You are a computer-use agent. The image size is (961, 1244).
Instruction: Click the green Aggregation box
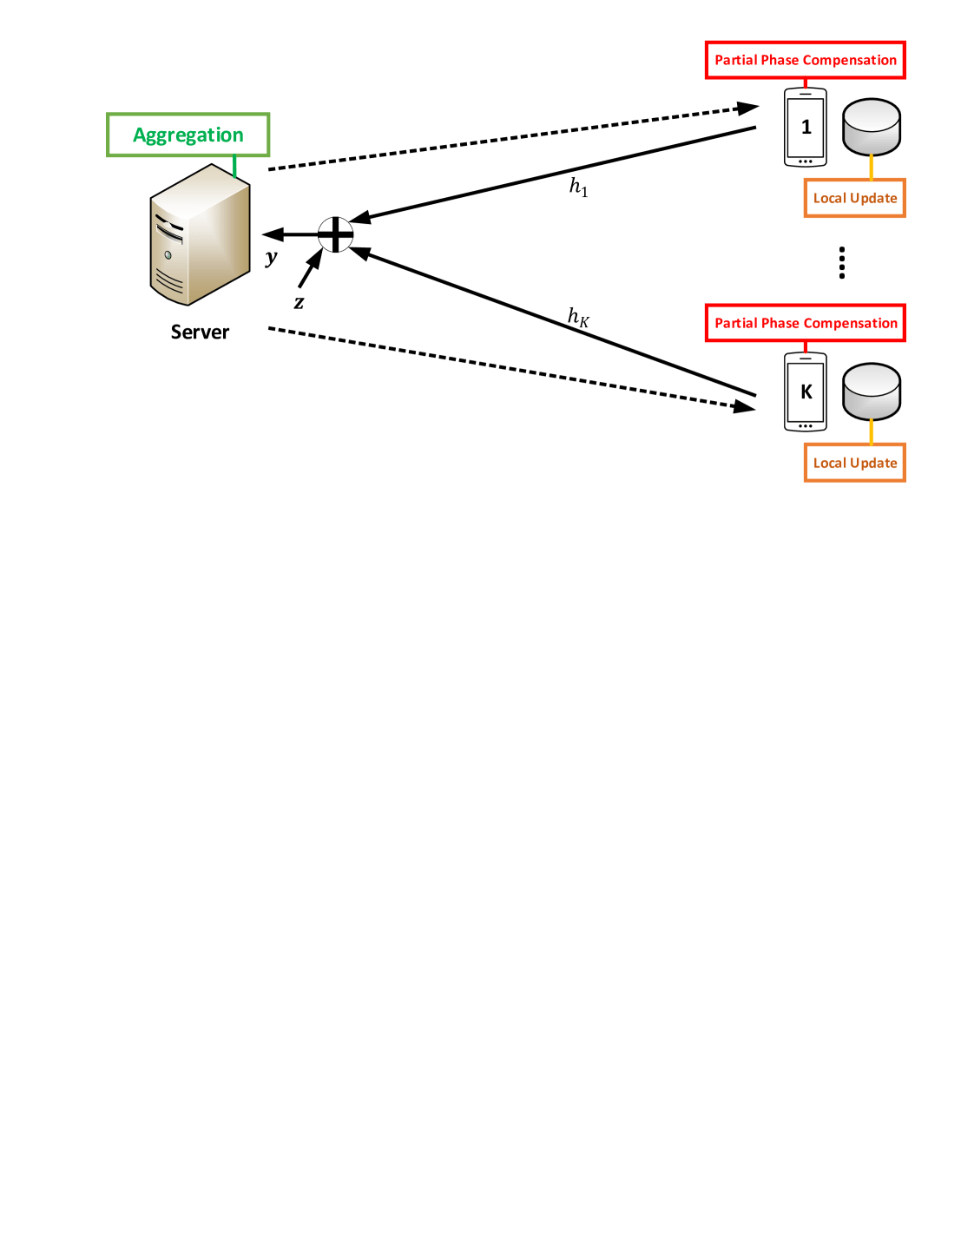tap(188, 135)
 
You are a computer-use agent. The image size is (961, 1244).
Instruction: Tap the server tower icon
tap(200, 234)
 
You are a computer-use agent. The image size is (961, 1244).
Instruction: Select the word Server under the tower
tap(200, 332)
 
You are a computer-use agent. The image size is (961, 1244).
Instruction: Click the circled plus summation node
tap(335, 234)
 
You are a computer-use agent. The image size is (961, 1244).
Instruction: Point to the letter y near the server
tap(272, 257)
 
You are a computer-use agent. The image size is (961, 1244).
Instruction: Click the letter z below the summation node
tap(299, 303)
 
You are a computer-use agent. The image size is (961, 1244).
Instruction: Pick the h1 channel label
tap(578, 187)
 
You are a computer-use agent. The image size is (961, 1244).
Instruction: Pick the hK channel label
tap(578, 317)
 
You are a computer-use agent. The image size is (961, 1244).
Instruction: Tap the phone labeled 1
tap(806, 128)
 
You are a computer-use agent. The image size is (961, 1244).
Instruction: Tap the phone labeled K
tap(806, 392)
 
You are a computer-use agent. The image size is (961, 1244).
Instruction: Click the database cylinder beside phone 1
tap(872, 127)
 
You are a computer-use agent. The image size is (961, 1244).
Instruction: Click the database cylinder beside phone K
tap(872, 392)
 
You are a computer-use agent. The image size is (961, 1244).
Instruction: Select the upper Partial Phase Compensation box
tap(805, 60)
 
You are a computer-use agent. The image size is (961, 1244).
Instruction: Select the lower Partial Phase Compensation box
tap(805, 323)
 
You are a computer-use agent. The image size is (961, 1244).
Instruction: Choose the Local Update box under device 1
tap(854, 198)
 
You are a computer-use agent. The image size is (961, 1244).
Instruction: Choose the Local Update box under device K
tap(854, 463)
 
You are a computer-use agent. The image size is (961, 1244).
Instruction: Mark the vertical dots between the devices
tap(842, 262)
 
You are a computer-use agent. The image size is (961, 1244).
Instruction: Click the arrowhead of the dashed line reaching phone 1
tap(747, 109)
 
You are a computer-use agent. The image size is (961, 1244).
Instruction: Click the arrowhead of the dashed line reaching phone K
tap(745, 405)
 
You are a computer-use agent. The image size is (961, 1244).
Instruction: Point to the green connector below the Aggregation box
tap(234, 166)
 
